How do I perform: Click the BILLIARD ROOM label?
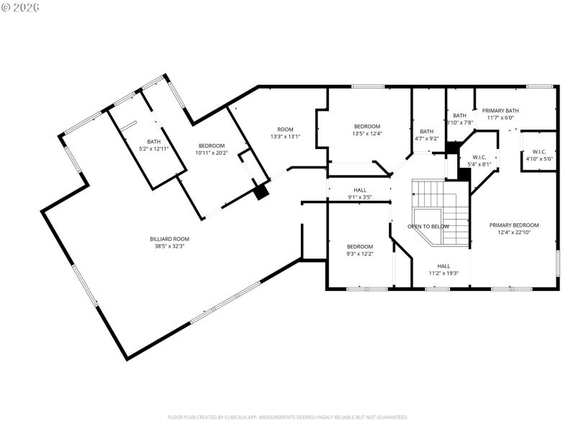coord(169,238)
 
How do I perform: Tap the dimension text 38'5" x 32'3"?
coord(169,246)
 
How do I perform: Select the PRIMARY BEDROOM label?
coord(514,225)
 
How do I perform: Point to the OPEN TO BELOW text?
coord(428,226)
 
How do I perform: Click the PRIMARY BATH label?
coord(500,110)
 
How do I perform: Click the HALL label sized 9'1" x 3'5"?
coord(359,189)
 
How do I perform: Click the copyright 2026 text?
coord(21,7)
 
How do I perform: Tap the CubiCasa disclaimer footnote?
coord(288,417)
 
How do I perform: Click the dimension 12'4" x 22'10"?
coord(514,232)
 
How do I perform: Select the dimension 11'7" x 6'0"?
coord(500,117)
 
